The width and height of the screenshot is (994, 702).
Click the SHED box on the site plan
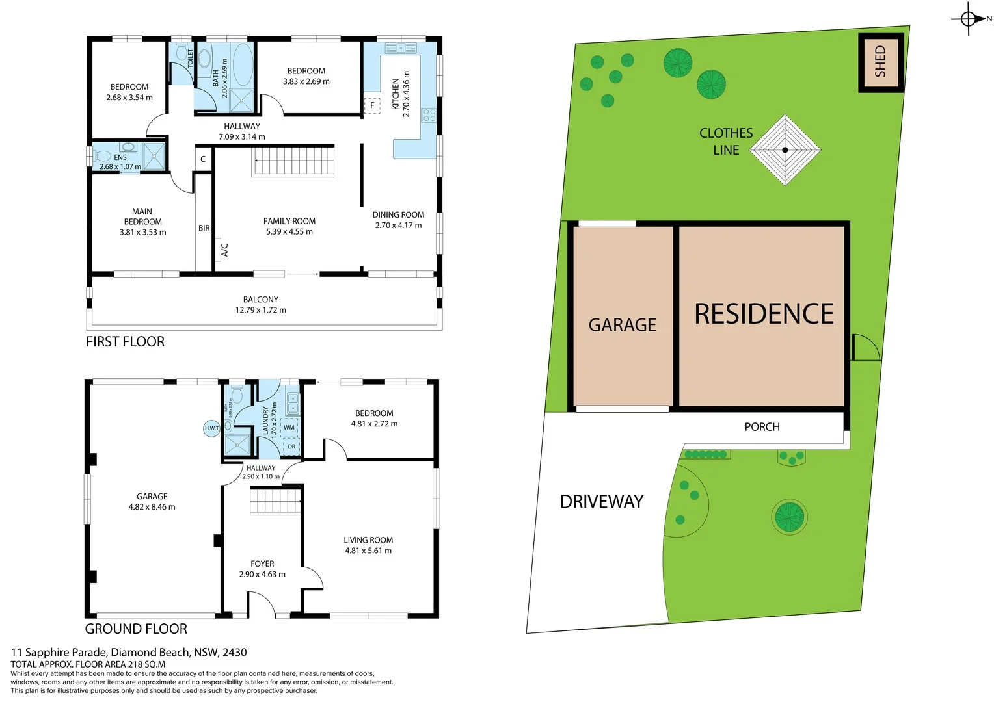click(x=881, y=62)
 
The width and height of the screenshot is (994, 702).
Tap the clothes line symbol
click(x=785, y=150)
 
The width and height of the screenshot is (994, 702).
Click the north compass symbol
click(x=968, y=19)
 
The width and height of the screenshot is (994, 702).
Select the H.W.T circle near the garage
click(x=211, y=428)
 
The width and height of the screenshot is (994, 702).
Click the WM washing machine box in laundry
click(x=289, y=428)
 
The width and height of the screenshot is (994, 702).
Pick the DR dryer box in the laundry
click(x=291, y=447)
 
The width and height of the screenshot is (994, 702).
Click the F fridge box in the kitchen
click(x=372, y=105)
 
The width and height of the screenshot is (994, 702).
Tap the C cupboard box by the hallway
click(x=203, y=159)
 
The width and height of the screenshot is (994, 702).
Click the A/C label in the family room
click(x=224, y=250)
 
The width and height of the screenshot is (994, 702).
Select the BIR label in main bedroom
click(x=204, y=228)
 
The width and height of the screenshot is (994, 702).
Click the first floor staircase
click(x=293, y=161)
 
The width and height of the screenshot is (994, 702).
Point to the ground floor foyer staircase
click(x=275, y=501)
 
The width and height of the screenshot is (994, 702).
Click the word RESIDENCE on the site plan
click(x=764, y=314)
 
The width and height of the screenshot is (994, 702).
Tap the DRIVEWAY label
click(x=602, y=502)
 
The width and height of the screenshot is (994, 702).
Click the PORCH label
click(x=762, y=427)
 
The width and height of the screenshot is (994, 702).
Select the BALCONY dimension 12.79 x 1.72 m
click(x=260, y=310)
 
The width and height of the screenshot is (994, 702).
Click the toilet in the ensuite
click(x=102, y=157)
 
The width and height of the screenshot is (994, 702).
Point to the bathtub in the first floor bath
click(x=242, y=65)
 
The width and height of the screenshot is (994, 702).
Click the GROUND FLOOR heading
click(x=136, y=629)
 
